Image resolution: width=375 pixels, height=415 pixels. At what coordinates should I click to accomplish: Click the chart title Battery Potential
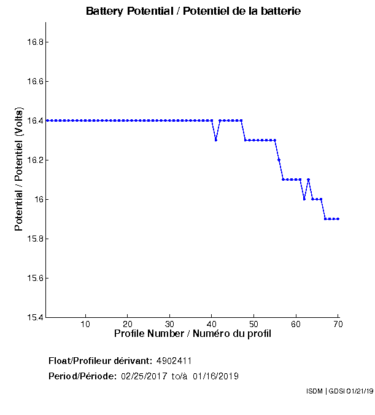[x=193, y=12]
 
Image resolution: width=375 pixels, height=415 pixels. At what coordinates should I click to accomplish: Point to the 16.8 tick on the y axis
[x=34, y=42]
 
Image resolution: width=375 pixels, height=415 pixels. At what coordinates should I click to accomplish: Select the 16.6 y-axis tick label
[x=34, y=82]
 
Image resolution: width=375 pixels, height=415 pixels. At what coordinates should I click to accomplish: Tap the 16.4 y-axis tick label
[x=34, y=121]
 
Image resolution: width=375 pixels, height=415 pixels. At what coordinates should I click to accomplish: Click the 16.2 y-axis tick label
[x=34, y=160]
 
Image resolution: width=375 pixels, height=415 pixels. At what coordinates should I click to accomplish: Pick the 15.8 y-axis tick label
[x=34, y=239]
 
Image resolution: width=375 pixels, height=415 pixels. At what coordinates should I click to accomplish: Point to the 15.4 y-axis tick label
[x=34, y=318]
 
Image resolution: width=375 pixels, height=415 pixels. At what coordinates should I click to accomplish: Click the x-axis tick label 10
[x=85, y=324]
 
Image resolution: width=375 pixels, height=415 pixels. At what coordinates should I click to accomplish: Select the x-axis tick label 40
[x=212, y=324]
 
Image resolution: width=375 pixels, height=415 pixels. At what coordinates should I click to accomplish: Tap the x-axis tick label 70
[x=338, y=324]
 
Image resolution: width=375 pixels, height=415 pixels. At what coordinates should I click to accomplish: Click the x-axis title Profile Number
[x=193, y=334]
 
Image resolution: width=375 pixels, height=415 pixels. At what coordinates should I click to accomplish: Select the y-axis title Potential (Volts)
[x=19, y=169]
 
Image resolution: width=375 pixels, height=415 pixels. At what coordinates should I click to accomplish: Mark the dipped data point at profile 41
[x=216, y=140]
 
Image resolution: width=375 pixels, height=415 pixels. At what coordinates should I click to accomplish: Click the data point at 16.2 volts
[x=279, y=160]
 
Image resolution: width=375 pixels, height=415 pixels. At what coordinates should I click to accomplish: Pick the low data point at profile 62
[x=304, y=199]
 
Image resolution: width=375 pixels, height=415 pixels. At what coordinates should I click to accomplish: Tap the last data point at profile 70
[x=338, y=219]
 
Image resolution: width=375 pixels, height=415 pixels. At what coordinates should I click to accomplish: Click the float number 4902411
[x=179, y=360]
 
